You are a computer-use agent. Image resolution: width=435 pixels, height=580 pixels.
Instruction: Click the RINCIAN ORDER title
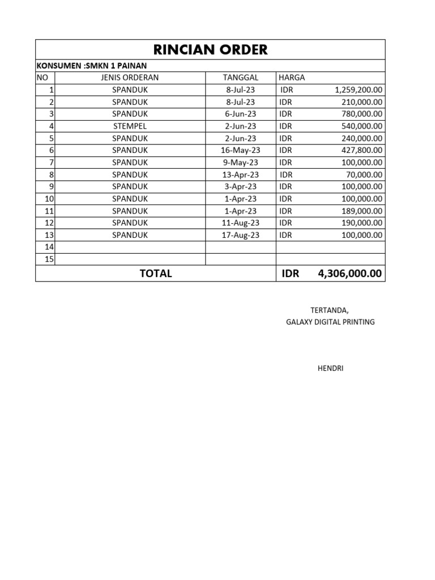click(x=210, y=50)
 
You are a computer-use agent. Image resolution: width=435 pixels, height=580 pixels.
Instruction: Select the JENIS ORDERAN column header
click(x=130, y=78)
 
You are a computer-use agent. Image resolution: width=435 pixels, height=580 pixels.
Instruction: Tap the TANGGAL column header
click(x=240, y=78)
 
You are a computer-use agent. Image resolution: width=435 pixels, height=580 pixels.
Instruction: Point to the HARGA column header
click(x=292, y=78)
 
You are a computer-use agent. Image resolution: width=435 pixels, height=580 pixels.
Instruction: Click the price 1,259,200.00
click(x=359, y=89)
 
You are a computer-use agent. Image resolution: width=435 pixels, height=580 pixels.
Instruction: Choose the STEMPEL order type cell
click(x=130, y=126)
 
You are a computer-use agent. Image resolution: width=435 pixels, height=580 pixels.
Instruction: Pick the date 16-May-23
click(x=240, y=150)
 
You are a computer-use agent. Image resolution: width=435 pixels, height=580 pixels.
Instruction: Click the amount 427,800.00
click(x=362, y=150)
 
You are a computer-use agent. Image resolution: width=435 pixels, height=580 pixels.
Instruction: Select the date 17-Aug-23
click(x=240, y=235)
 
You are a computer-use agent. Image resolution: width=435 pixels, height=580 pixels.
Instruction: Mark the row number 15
click(x=49, y=259)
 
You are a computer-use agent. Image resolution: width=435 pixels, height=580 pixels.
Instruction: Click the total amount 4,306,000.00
click(x=350, y=274)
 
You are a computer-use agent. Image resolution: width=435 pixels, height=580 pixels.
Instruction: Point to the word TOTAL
click(x=156, y=274)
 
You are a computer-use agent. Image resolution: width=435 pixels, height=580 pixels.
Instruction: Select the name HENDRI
click(x=330, y=369)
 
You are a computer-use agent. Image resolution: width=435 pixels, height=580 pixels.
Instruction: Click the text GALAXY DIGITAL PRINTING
click(x=330, y=322)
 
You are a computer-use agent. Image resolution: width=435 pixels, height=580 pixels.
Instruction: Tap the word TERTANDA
click(x=330, y=310)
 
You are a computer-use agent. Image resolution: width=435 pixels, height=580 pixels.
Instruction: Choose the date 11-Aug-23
click(x=240, y=223)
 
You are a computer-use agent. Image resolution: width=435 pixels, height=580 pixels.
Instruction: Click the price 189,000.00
click(x=362, y=211)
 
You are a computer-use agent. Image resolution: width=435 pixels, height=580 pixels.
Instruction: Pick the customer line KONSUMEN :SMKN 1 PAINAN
click(x=91, y=66)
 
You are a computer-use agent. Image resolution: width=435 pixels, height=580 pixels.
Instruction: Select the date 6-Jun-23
click(x=240, y=114)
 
